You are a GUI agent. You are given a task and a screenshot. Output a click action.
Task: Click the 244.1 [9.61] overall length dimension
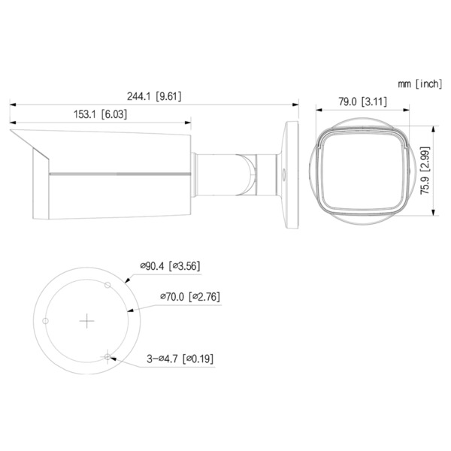click(x=154, y=95)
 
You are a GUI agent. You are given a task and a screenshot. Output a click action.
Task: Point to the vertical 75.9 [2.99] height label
click(x=425, y=171)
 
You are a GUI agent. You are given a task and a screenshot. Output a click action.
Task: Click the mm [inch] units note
click(x=419, y=84)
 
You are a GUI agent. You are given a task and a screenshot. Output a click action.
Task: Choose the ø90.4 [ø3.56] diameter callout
click(x=169, y=265)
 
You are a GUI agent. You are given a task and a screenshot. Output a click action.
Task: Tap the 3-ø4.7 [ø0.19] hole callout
click(x=180, y=359)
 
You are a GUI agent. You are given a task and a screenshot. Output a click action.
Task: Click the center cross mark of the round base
click(x=88, y=320)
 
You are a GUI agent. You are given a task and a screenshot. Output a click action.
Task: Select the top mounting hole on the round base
click(x=108, y=286)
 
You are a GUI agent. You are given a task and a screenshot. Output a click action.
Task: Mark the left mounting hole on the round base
click(x=47, y=321)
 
